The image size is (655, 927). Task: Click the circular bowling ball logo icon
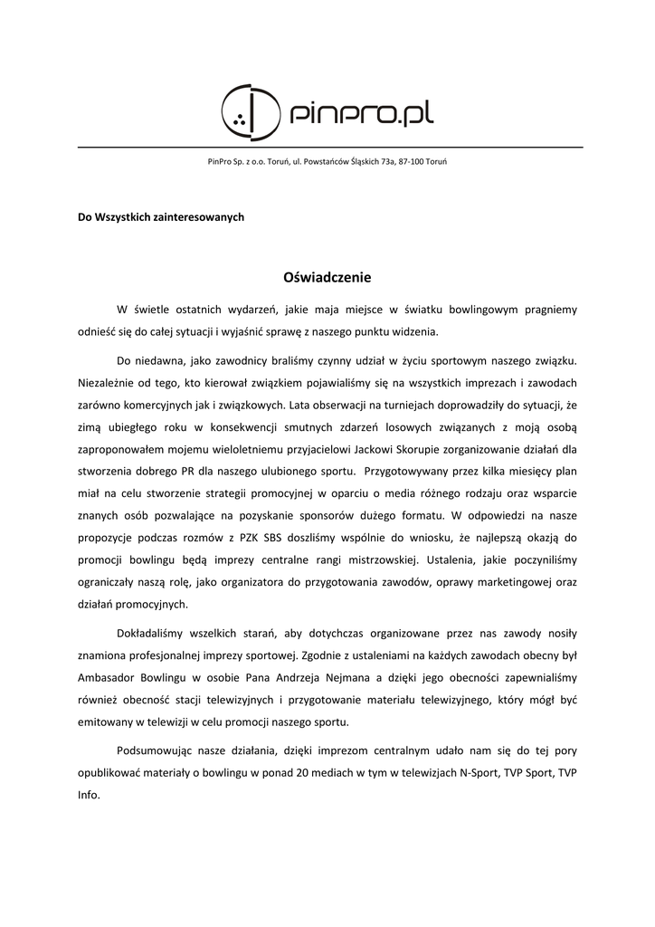pos(249,111)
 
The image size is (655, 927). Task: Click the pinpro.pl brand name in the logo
pos(362,113)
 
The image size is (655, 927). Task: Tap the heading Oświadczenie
pos(327,277)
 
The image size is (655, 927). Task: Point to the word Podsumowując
pos(156,750)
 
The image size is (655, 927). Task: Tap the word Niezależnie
pos(109,382)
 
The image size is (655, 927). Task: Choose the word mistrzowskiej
pos(369,559)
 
